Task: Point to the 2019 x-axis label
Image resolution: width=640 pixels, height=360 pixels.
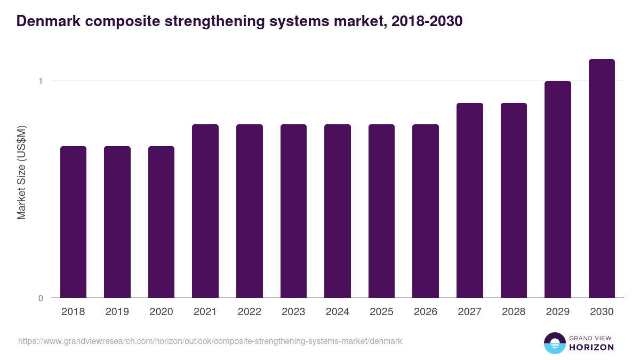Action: click(x=117, y=312)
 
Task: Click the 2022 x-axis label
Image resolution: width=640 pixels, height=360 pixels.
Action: click(x=250, y=312)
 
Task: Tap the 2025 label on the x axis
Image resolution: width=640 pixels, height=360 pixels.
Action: click(x=382, y=312)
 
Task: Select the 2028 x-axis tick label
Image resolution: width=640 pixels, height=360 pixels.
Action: click(x=514, y=312)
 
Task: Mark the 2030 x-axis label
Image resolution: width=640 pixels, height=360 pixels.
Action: click(x=602, y=312)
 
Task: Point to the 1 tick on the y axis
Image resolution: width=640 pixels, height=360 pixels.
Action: click(x=40, y=81)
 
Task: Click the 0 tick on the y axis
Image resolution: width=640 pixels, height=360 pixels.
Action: click(x=40, y=298)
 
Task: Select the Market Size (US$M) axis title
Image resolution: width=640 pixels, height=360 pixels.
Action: click(x=21, y=174)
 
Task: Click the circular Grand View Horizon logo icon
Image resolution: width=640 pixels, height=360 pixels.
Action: click(x=555, y=343)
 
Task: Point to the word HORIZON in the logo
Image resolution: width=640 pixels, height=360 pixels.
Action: click(x=591, y=347)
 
